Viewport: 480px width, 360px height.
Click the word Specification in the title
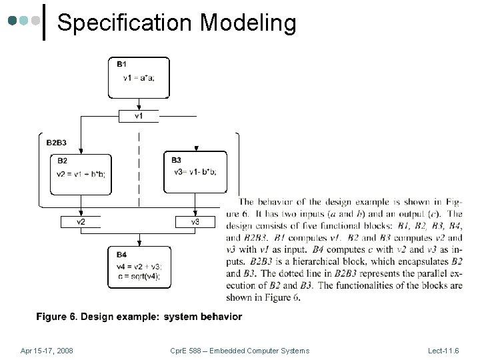point(125,23)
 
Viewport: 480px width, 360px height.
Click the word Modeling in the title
point(248,23)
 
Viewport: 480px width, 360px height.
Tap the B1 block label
point(122,65)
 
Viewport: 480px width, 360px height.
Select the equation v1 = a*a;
point(139,78)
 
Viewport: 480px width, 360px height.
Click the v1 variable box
point(139,116)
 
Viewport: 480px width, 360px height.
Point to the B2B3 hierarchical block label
point(57,143)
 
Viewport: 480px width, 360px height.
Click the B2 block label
point(62,160)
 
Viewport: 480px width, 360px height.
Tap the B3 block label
point(176,160)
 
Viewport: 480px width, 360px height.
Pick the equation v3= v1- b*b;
point(195,171)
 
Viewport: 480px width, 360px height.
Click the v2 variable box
point(81,221)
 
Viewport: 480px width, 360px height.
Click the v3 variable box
point(195,221)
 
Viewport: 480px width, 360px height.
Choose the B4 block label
point(121,255)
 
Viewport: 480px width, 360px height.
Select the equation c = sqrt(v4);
point(138,276)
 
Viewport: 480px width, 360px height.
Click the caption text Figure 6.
point(57,316)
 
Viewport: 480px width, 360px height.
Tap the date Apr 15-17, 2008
point(47,351)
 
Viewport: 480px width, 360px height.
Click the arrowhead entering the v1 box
point(139,107)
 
